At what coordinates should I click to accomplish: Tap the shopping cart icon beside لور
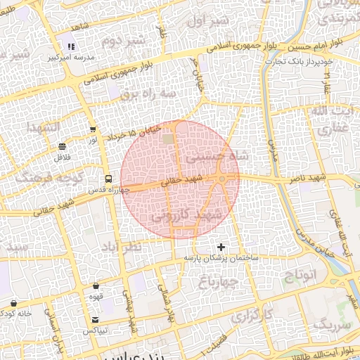coord(93,129)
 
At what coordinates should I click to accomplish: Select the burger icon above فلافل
coord(63,146)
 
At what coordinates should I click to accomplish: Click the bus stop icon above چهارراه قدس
coord(108,179)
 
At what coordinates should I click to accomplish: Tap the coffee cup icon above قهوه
coord(96,286)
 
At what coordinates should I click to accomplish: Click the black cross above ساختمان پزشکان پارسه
coord(221,247)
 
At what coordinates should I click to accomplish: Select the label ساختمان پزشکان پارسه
coord(221,258)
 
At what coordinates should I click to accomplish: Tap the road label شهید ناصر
coord(306,180)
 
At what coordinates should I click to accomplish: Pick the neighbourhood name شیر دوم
coord(123,41)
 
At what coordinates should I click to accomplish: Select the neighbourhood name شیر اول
coord(209,22)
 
